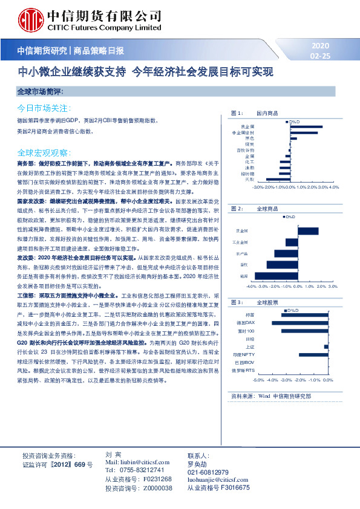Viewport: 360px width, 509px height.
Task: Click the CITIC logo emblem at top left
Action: pos(28,19)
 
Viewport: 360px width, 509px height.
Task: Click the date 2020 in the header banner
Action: pos(320,46)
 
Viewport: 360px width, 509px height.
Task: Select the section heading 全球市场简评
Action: pos(40,91)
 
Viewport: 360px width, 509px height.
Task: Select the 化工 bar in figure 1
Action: pos(284,161)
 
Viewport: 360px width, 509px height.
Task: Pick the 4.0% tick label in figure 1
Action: pos(333,188)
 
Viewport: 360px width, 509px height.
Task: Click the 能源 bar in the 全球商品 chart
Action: pos(270,275)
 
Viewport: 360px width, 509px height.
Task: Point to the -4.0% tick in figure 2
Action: pos(253,287)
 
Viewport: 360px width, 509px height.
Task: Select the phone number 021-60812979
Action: pos(208,472)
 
